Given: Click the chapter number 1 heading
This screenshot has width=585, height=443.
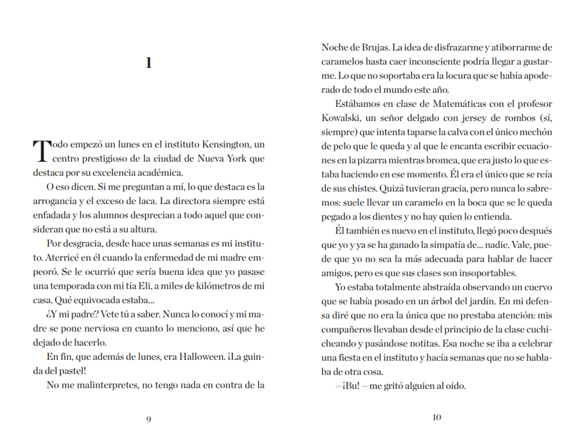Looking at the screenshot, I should [148, 63].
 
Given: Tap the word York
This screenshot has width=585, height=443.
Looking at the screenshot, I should [236, 159].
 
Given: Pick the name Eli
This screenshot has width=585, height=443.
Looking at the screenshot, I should [145, 286].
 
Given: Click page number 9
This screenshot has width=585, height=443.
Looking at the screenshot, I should [148, 419].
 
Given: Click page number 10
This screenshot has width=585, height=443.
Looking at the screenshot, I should [437, 417].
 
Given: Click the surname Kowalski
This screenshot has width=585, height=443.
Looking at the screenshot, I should [341, 118].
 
